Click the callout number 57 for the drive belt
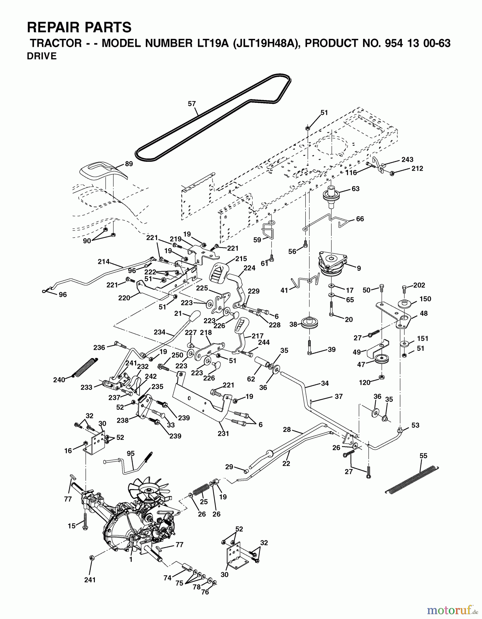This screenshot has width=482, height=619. pyautogui.click(x=191, y=103)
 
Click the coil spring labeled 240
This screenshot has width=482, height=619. pyautogui.click(x=84, y=368)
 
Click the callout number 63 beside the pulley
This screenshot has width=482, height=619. pyautogui.click(x=355, y=188)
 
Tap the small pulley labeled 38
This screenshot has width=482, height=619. pyautogui.click(x=310, y=324)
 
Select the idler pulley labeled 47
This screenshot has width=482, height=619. pyautogui.click(x=381, y=360)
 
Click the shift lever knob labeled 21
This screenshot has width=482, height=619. pyautogui.click(x=195, y=315)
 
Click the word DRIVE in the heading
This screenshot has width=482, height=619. pyautogui.click(x=42, y=56)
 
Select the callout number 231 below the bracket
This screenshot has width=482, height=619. pyautogui.click(x=223, y=433)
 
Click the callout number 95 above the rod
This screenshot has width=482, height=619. pyautogui.click(x=131, y=453)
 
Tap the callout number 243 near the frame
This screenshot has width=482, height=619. pyautogui.click(x=407, y=160)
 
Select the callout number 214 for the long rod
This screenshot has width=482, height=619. pyautogui.click(x=103, y=261)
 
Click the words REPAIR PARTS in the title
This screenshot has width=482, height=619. pyautogui.click(x=79, y=27)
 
